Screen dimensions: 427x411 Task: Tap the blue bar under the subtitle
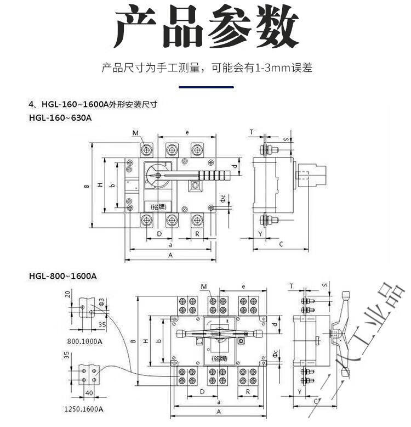pos(206,87)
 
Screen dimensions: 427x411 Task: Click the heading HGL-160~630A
pos(60,117)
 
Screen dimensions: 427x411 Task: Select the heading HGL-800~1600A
pos(62,276)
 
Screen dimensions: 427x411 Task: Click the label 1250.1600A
pos(83,409)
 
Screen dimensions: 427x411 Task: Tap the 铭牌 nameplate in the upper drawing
pos(158,206)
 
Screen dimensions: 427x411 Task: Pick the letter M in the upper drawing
pos(135,133)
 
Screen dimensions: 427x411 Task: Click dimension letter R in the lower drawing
pos(248,392)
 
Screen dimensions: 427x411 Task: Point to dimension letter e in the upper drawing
pos(187,132)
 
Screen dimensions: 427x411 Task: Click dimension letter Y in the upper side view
pos(260,234)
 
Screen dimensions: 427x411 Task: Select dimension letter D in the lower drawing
pos(202,392)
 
